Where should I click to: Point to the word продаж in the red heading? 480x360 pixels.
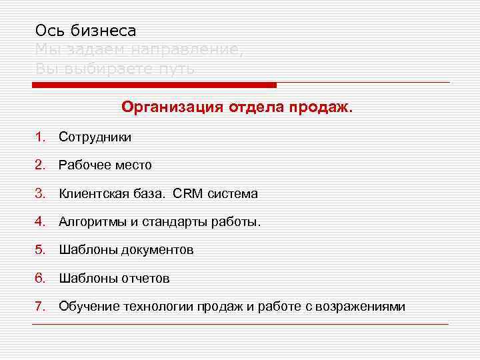tap(322, 107)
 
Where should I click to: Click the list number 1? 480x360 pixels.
tap(39, 137)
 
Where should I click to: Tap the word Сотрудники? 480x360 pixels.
tap(95, 137)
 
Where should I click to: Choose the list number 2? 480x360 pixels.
tap(39, 165)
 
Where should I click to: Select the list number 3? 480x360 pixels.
tap(39, 194)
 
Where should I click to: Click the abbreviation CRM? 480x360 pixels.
tap(188, 194)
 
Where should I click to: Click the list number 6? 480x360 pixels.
tap(39, 279)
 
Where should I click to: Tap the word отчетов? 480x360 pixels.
tap(145, 279)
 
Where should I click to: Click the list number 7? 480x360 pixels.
tap(39, 307)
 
